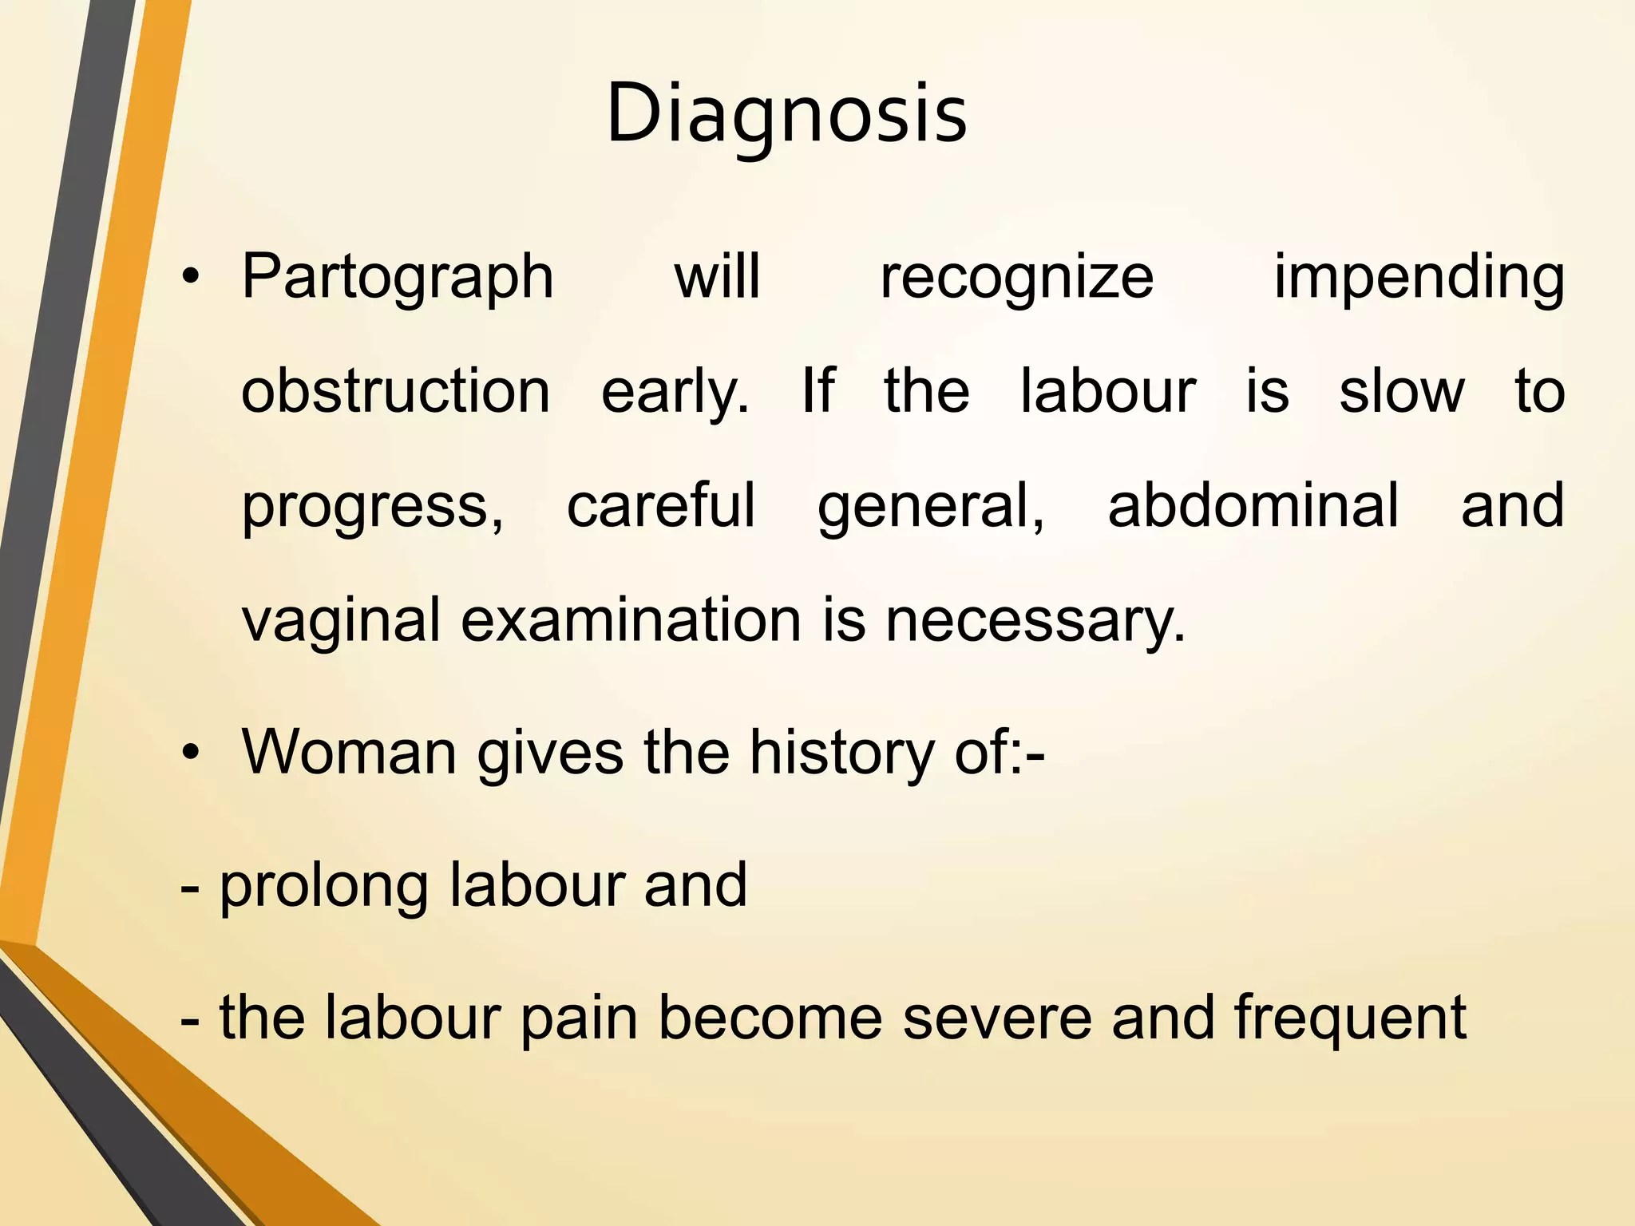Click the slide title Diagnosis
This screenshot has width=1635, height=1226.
(786, 113)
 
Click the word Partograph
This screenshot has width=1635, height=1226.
(398, 276)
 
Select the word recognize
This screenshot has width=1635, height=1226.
(1016, 276)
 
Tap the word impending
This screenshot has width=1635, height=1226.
(1418, 276)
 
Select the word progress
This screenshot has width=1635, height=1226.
(372, 506)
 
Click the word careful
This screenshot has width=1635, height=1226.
(660, 506)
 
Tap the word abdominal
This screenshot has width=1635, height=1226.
(1253, 506)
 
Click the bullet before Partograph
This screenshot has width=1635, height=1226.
(189, 278)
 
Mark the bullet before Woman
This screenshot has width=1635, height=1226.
(189, 753)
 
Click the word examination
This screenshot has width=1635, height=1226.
(631, 621)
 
